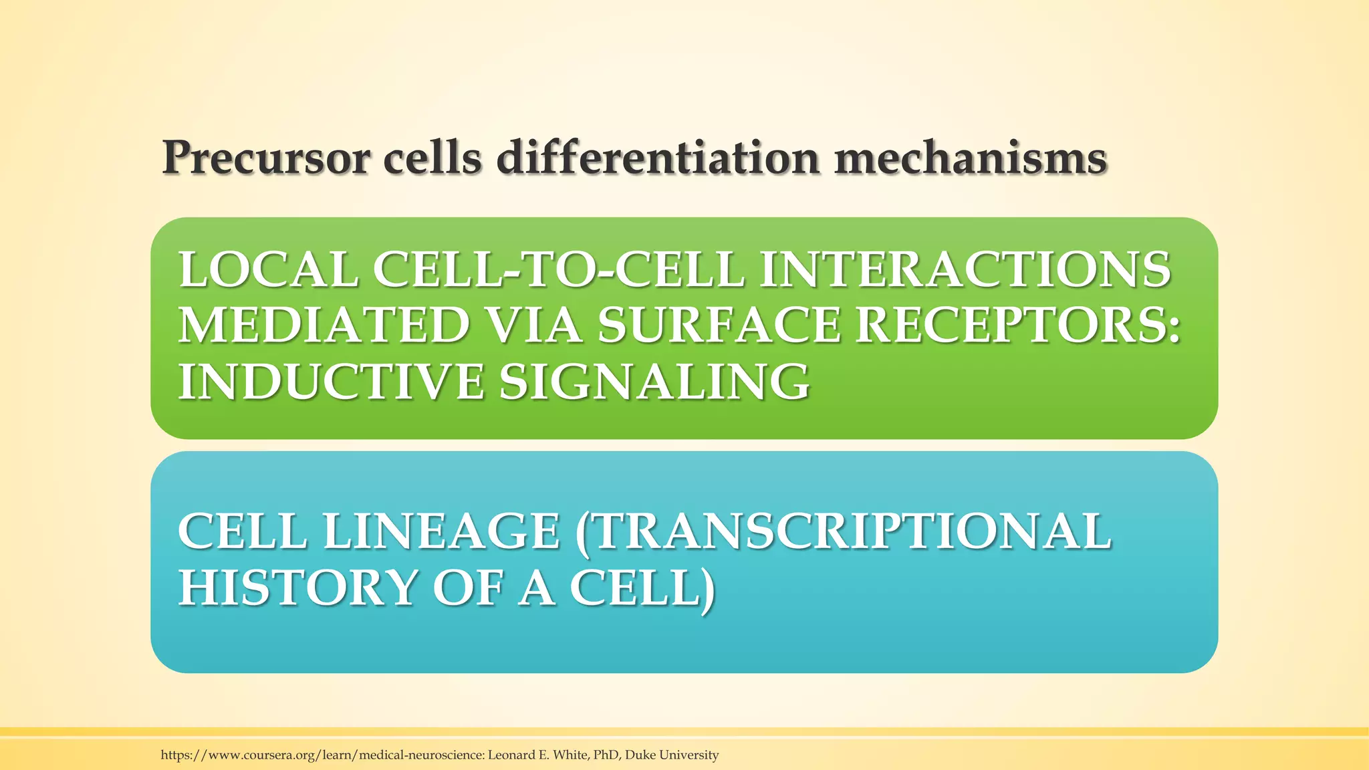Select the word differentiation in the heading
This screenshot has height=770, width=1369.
pos(658,158)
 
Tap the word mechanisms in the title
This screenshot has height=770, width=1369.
pos(970,158)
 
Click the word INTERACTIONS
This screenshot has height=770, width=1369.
pos(965,270)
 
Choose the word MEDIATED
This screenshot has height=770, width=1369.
pos(324,326)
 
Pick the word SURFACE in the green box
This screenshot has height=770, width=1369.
pos(718,326)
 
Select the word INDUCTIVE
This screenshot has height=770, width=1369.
pos(330,382)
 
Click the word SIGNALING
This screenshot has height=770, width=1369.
pos(654,382)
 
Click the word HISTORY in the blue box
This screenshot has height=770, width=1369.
pos(297,588)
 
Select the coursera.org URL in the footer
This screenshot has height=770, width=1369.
pos(322,755)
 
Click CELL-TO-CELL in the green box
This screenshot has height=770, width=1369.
pos(558,270)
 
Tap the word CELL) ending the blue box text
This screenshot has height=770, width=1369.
pos(642,588)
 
